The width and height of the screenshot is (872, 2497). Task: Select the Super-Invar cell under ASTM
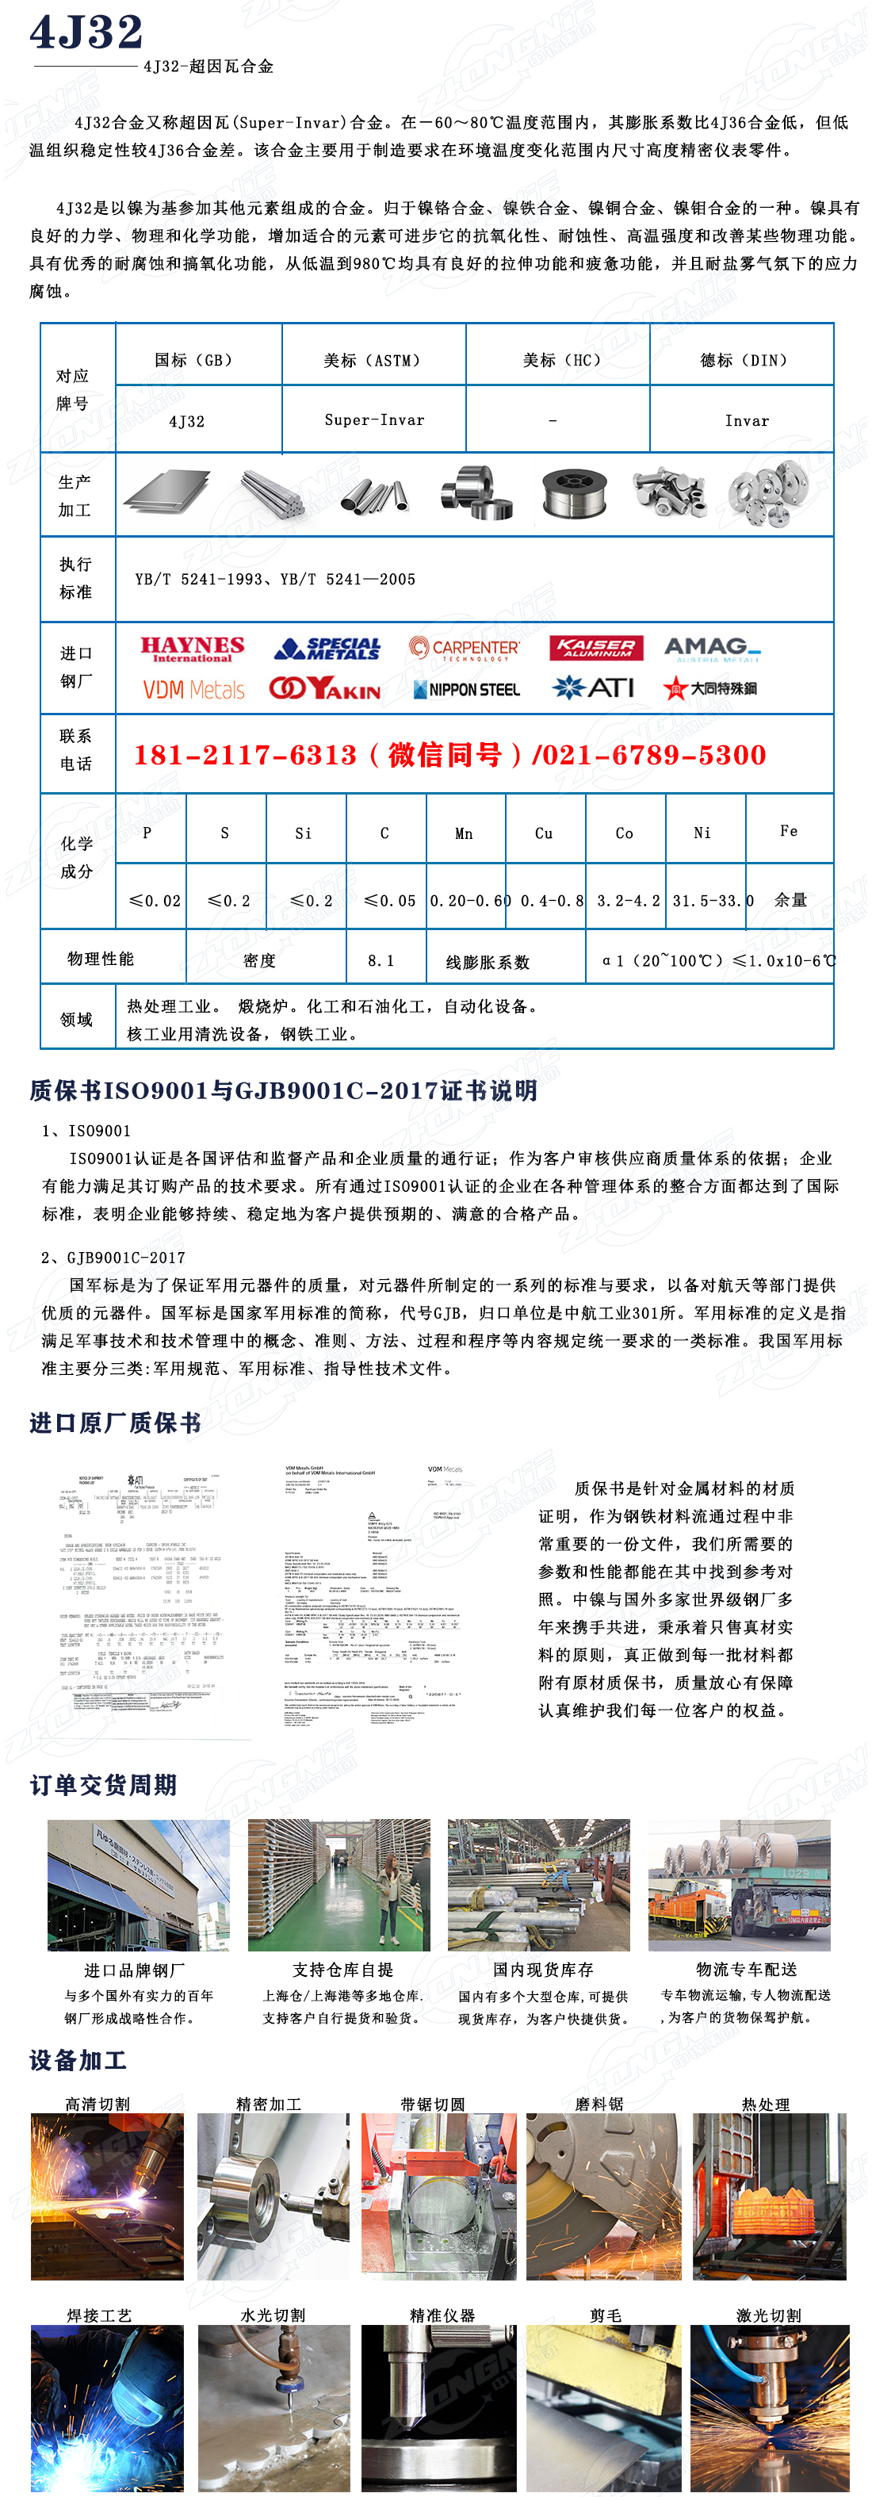(x=374, y=419)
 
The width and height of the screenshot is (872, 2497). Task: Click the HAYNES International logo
(x=192, y=649)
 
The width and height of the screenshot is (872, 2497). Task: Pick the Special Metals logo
(x=327, y=649)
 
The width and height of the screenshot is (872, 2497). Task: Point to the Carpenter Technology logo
(x=464, y=649)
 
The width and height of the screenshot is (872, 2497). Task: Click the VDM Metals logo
(x=193, y=689)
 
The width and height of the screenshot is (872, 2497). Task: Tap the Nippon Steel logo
(x=466, y=689)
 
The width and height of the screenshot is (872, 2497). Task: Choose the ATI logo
(x=593, y=688)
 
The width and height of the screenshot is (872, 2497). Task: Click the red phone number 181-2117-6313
(x=245, y=755)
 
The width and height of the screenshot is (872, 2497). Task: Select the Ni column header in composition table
(x=702, y=833)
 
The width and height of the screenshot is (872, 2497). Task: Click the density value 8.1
(x=381, y=960)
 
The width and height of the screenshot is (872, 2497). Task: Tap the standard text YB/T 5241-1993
(x=199, y=579)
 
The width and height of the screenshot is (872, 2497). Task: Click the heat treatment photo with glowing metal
(x=769, y=2196)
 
